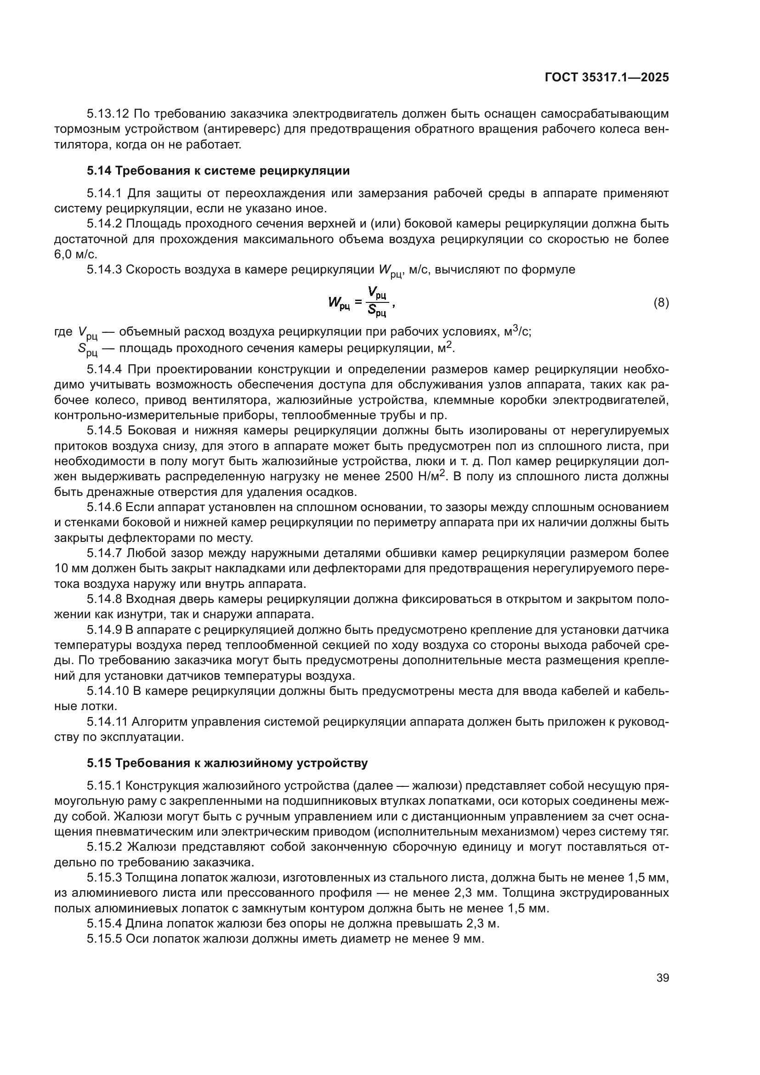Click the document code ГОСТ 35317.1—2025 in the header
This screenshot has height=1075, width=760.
click(607, 78)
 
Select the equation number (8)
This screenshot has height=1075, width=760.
click(661, 303)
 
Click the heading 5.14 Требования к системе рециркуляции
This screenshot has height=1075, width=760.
click(218, 171)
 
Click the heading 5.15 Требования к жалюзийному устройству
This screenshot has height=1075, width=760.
click(227, 763)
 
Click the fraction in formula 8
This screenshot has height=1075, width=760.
click(377, 301)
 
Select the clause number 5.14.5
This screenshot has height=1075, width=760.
click(104, 430)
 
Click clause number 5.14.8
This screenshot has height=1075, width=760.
click(104, 599)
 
